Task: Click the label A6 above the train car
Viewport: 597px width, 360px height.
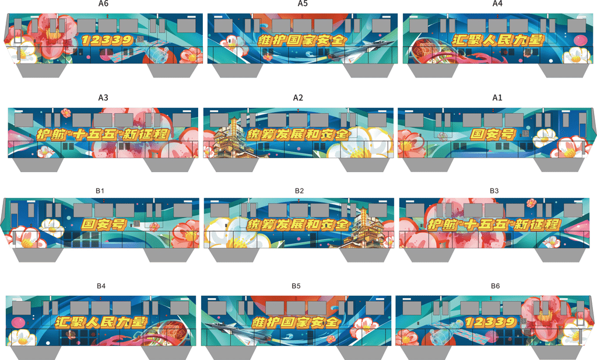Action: click(103, 4)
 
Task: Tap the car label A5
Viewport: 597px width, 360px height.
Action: click(303, 4)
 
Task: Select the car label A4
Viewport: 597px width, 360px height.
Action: click(497, 4)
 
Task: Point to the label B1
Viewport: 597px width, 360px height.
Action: click(100, 191)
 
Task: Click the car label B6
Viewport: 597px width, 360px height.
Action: click(496, 286)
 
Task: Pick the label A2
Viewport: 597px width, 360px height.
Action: click(298, 98)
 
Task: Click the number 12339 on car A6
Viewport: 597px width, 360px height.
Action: click(107, 40)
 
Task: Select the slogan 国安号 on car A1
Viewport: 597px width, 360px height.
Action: click(493, 134)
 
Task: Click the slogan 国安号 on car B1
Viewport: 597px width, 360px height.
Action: click(104, 225)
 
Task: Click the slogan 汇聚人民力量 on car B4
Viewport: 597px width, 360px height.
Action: click(101, 322)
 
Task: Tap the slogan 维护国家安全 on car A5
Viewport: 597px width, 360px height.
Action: click(303, 40)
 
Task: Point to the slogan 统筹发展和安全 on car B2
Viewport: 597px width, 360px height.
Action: click(298, 225)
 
